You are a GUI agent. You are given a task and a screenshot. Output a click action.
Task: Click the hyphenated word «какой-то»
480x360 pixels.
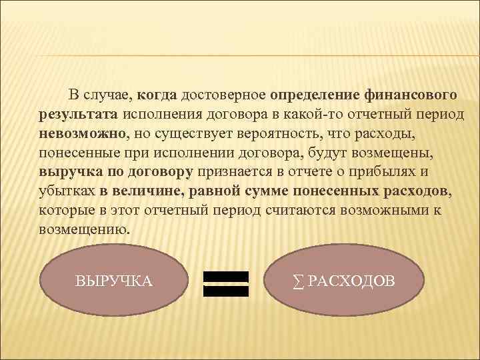click(305, 115)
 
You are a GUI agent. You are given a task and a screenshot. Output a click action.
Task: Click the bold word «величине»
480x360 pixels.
click(149, 191)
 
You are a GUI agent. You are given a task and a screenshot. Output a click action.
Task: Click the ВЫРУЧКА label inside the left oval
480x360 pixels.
click(114, 281)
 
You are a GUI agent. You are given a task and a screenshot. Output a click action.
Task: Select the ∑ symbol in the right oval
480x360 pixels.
click(297, 281)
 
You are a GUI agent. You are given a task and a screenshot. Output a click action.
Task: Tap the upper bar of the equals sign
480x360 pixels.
click(225, 276)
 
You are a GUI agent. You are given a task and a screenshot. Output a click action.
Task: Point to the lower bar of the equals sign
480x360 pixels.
click(225, 291)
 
